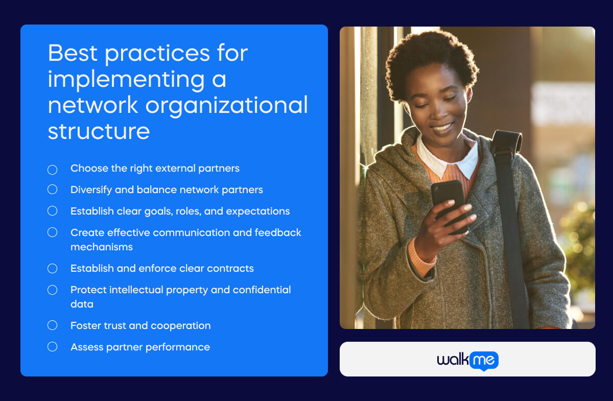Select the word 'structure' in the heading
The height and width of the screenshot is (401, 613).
pos(99,131)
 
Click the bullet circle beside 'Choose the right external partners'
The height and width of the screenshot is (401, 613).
pos(52,169)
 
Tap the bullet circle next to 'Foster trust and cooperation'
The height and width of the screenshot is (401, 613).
pos(52,325)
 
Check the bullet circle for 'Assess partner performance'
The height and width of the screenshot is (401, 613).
pos(52,347)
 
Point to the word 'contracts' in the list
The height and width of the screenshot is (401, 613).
pos(232,268)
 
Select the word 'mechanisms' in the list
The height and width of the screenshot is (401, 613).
pos(101,247)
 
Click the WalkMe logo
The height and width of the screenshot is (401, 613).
pos(467,360)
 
